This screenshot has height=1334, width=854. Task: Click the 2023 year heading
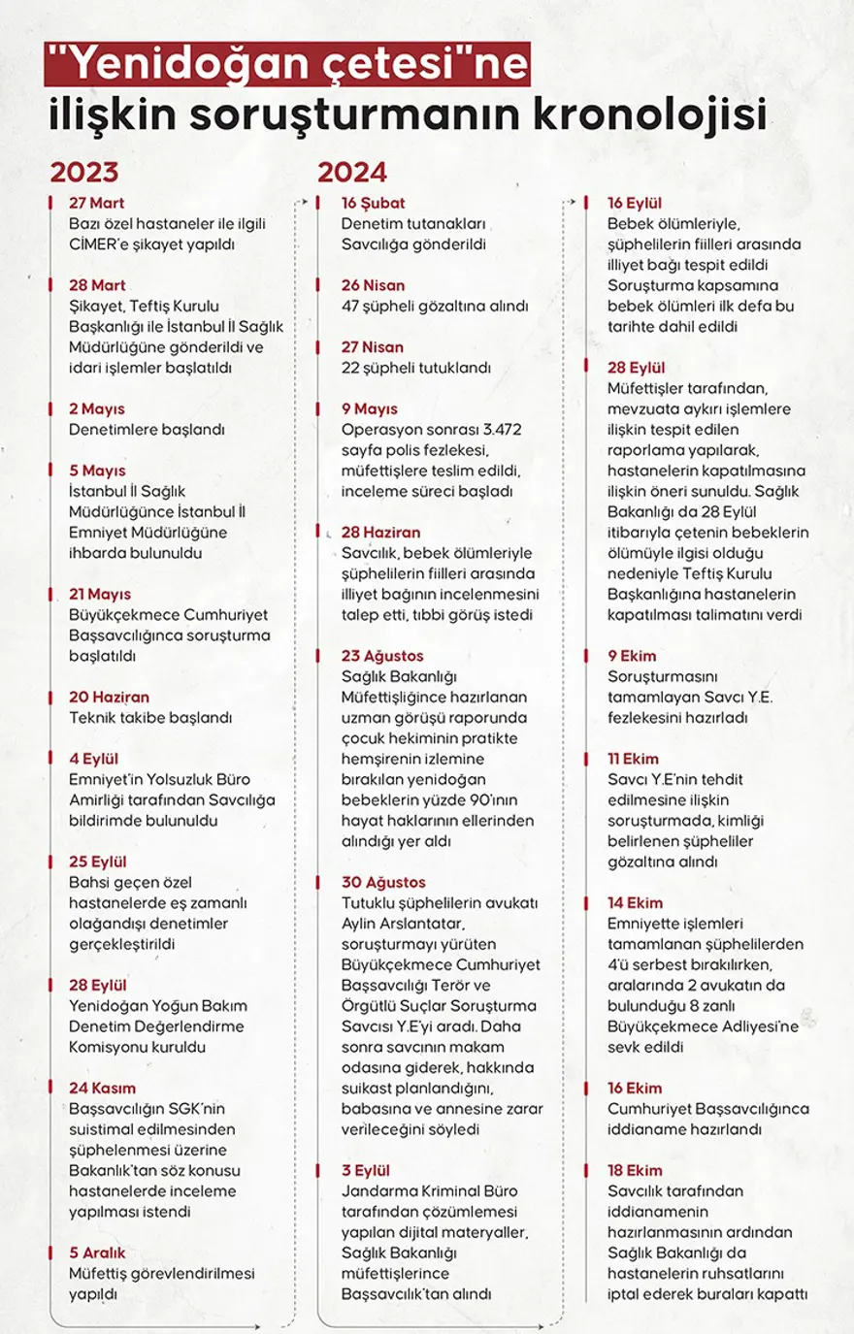(84, 172)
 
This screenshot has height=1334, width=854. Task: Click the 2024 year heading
(352, 172)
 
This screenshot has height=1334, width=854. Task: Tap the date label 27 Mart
(96, 203)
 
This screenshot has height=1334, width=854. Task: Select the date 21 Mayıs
(99, 594)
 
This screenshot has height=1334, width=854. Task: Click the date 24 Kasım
(102, 1088)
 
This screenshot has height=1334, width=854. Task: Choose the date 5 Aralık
(97, 1253)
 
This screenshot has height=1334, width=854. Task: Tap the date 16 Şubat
(373, 203)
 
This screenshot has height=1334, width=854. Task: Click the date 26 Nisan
(373, 285)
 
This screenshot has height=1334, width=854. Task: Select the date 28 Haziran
(380, 532)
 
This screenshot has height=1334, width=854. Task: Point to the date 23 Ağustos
(382, 656)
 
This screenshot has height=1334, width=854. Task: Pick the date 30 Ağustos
(383, 882)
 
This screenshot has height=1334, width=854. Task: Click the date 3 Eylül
(366, 1170)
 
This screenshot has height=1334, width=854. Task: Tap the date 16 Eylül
(635, 203)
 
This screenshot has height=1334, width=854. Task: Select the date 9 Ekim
(632, 656)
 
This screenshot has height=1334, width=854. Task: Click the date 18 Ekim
(635, 1170)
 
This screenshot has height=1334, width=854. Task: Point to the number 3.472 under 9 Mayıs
(502, 430)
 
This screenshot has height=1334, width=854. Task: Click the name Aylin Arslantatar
(403, 924)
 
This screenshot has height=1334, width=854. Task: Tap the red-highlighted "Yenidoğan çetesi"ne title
(288, 65)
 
